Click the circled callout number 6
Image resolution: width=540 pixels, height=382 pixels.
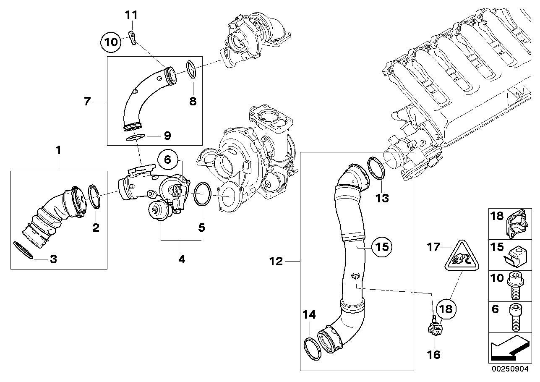167,160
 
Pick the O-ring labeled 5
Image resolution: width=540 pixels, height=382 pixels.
203,194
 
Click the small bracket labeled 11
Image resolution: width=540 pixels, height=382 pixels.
132,37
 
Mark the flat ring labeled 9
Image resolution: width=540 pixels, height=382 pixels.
135,137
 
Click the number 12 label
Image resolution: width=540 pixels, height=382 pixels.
277,262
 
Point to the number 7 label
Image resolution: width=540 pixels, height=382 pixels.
87,101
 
